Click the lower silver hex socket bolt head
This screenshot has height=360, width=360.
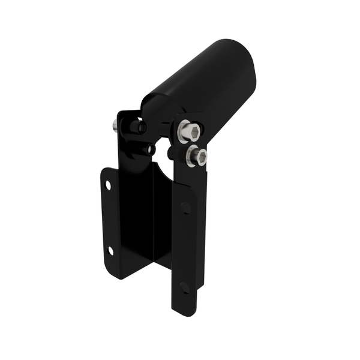(197, 157)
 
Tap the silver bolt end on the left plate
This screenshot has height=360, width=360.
(115, 126)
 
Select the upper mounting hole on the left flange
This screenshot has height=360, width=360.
(108, 185)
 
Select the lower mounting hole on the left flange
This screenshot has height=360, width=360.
(110, 250)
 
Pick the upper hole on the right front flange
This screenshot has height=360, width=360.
(185, 208)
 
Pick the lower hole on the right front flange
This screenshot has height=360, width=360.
(185, 287)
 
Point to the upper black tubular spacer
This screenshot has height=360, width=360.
(134, 127)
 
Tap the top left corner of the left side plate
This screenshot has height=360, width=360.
(119, 113)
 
